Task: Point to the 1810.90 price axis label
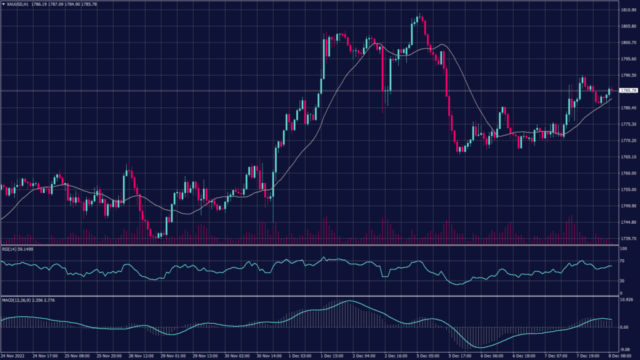(627, 10)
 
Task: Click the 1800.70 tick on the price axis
(627, 42)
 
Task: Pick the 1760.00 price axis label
(627, 173)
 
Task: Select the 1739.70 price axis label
(627, 238)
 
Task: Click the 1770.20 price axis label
(627, 141)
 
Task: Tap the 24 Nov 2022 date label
(13, 354)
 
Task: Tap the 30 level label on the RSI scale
(621, 281)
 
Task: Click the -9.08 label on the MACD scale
(624, 349)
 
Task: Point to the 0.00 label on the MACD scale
(624, 327)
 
